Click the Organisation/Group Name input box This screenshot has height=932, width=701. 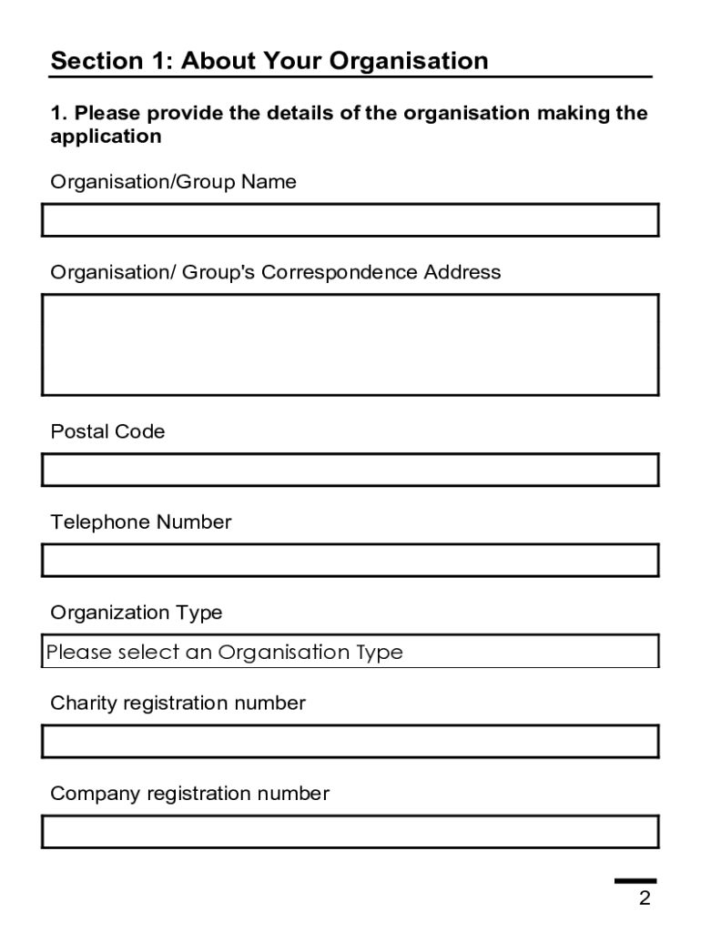click(350, 220)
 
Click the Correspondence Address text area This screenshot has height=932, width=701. click(350, 344)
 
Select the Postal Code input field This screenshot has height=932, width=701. click(350, 470)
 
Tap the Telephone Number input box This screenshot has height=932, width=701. click(350, 560)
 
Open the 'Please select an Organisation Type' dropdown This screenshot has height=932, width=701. click(350, 652)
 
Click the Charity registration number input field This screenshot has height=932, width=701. click(350, 741)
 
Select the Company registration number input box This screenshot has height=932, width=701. click(350, 832)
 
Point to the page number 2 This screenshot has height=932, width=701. click(645, 899)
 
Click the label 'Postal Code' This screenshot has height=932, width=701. click(107, 431)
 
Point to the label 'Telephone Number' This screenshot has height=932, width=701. click(141, 522)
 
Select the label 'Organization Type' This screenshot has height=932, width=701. click(137, 613)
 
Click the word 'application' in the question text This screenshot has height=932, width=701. click(106, 137)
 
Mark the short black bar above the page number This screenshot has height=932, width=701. click(635, 881)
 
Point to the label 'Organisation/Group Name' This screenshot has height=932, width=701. click(173, 182)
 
